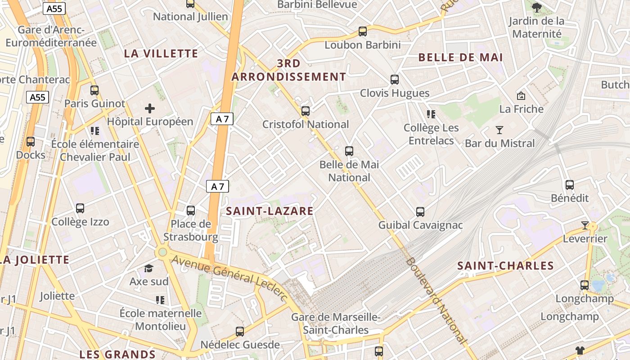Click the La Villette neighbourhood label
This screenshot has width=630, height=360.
click(x=161, y=54)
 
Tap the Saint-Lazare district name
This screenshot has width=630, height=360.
click(x=270, y=211)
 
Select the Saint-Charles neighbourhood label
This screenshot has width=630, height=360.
click(x=505, y=265)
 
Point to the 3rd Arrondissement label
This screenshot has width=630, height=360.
click(x=289, y=70)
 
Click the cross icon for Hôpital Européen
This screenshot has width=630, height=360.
click(x=150, y=108)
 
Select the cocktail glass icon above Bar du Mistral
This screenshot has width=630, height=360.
click(x=499, y=130)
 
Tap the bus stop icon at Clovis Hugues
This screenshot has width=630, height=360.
click(x=395, y=80)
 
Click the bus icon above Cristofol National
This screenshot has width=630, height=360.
click(x=306, y=111)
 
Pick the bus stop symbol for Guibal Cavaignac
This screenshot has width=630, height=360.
click(x=420, y=211)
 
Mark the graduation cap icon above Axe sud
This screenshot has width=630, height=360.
click(x=148, y=269)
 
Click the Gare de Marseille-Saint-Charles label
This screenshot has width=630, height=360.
click(x=336, y=324)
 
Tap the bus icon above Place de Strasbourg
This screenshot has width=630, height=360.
click(x=191, y=210)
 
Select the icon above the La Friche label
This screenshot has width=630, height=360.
click(x=521, y=95)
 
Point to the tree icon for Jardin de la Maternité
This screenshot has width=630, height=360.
click(x=536, y=7)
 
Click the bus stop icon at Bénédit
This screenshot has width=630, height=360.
click(x=570, y=184)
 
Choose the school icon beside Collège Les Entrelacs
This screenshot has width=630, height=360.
click(x=431, y=114)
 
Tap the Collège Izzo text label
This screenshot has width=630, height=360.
click(x=80, y=222)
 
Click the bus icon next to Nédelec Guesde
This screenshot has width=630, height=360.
click(x=240, y=332)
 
